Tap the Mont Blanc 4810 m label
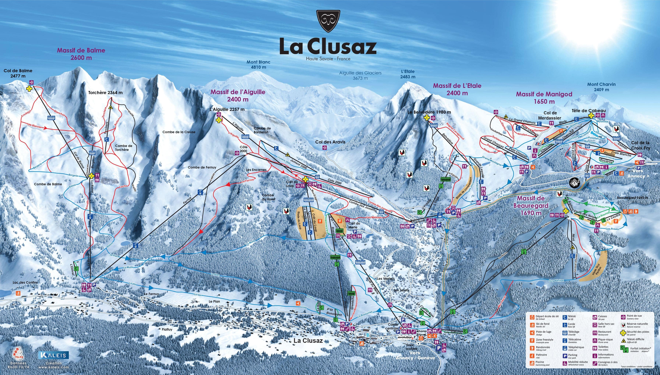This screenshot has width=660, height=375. pos(258,64)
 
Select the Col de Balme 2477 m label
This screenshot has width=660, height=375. pos(18,73)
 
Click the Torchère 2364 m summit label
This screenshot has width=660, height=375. pos(105,93)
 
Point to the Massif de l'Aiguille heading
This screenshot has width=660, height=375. pos(238,95)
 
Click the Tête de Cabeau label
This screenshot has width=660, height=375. pos(588,111)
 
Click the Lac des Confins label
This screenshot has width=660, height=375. pos(25,283)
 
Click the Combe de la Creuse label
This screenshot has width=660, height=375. pos(179,132)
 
